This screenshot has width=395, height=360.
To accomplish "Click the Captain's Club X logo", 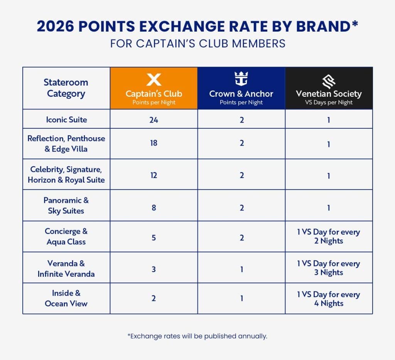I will [154, 80].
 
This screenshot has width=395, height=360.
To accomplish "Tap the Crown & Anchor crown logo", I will [241, 79].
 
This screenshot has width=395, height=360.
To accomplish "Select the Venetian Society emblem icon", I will [329, 80].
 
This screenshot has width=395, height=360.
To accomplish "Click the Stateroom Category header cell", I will [66, 88].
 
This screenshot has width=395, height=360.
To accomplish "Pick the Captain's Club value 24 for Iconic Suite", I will [154, 119].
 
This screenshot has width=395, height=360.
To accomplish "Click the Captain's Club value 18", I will [154, 143].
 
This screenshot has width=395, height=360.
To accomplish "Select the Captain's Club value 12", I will [154, 175].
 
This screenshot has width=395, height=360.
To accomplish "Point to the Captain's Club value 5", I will [154, 237].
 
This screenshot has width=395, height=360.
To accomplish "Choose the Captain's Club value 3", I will [154, 269].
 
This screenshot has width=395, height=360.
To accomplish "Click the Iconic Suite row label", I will [66, 119].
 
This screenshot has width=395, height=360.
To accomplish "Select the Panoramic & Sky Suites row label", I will [66, 205].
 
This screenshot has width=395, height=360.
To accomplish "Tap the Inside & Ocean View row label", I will [66, 298].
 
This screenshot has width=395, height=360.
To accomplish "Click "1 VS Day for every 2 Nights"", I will [329, 237].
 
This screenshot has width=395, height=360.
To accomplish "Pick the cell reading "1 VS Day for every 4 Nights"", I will [329, 299].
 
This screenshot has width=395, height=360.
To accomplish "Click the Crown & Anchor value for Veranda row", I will [241, 269].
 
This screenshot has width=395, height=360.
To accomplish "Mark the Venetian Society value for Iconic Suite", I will [329, 119].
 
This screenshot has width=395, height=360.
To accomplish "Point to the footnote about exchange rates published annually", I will [197, 336].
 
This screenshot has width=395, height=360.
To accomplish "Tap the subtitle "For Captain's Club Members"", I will [197, 43].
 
